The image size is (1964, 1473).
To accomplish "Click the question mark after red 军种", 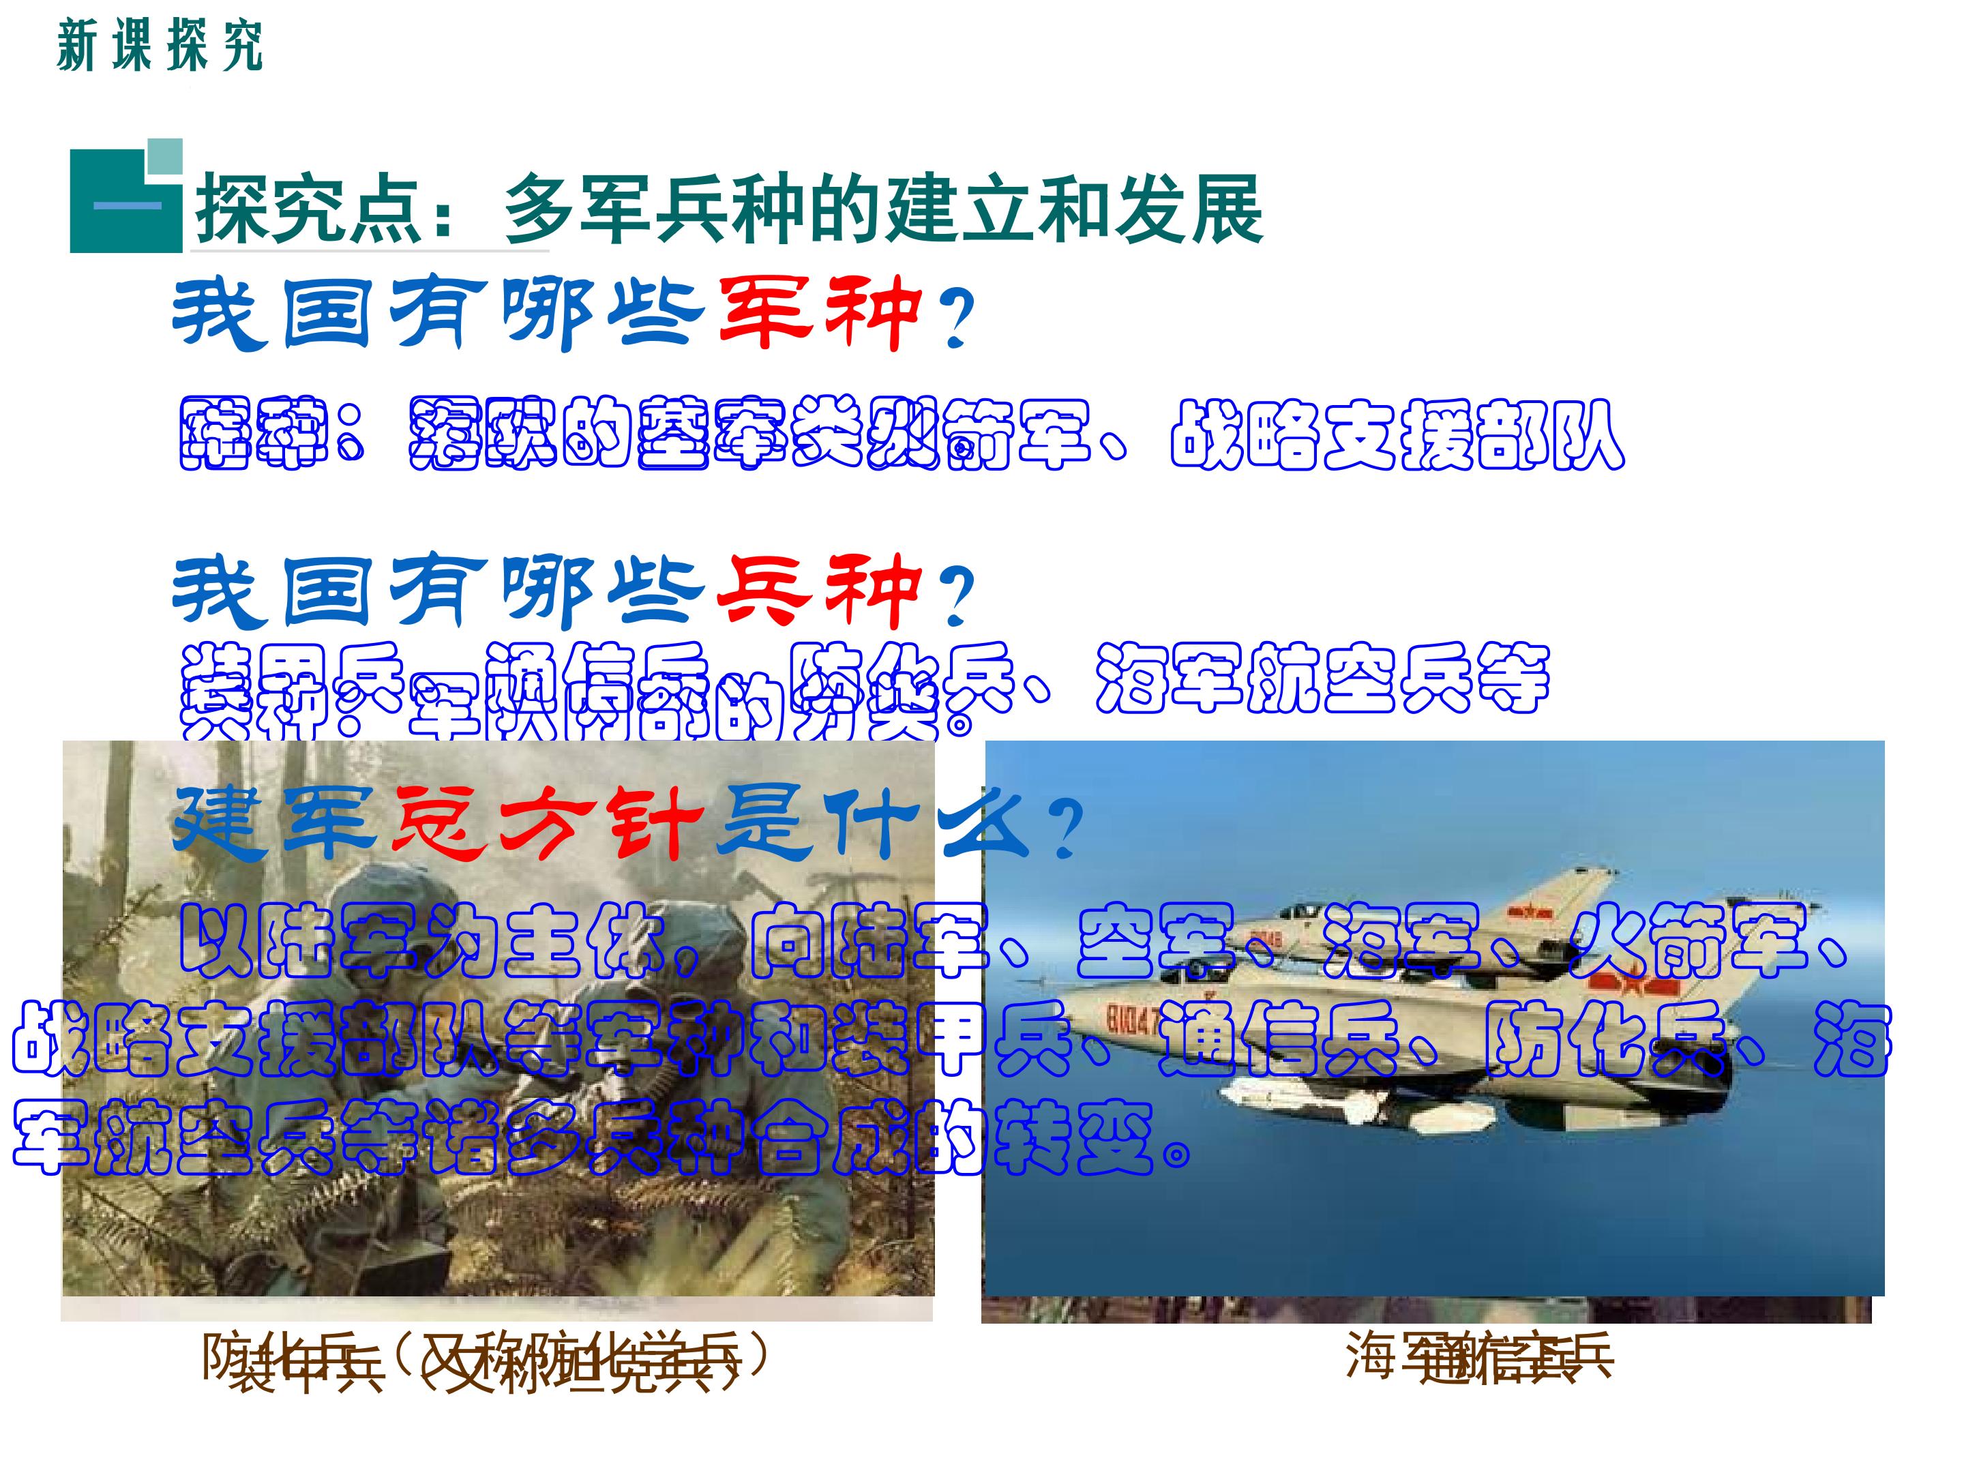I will pos(955,318).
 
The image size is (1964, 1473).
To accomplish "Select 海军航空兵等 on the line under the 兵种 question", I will pos(1323,677).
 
